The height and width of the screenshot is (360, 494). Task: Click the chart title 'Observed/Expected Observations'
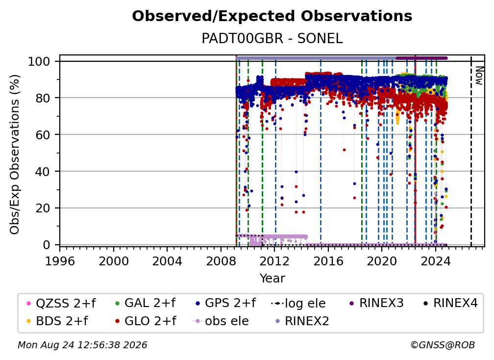(x=272, y=16)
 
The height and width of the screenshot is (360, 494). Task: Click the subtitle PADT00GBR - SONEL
(x=272, y=39)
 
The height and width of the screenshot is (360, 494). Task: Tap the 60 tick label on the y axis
(x=43, y=135)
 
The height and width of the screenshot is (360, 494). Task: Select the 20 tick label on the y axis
(x=43, y=208)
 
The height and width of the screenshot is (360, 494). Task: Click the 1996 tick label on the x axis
(x=60, y=261)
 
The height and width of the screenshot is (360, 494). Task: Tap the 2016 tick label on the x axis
(x=328, y=261)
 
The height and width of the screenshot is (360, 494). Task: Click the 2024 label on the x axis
(x=436, y=261)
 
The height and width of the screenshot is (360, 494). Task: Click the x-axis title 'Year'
(x=272, y=279)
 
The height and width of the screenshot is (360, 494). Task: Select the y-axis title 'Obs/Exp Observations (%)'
(x=15, y=154)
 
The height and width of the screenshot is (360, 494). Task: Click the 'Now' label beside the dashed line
(x=479, y=76)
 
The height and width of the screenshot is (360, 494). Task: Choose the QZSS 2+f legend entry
(x=61, y=303)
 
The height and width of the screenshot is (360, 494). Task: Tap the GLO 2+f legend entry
(x=146, y=321)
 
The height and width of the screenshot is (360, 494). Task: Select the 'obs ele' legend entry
(x=220, y=321)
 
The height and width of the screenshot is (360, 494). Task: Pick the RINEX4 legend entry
(x=450, y=303)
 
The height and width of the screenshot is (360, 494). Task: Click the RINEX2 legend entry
(x=302, y=321)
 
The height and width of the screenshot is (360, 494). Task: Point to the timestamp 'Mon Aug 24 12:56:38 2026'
(x=82, y=345)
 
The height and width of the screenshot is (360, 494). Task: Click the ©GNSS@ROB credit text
(x=443, y=345)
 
